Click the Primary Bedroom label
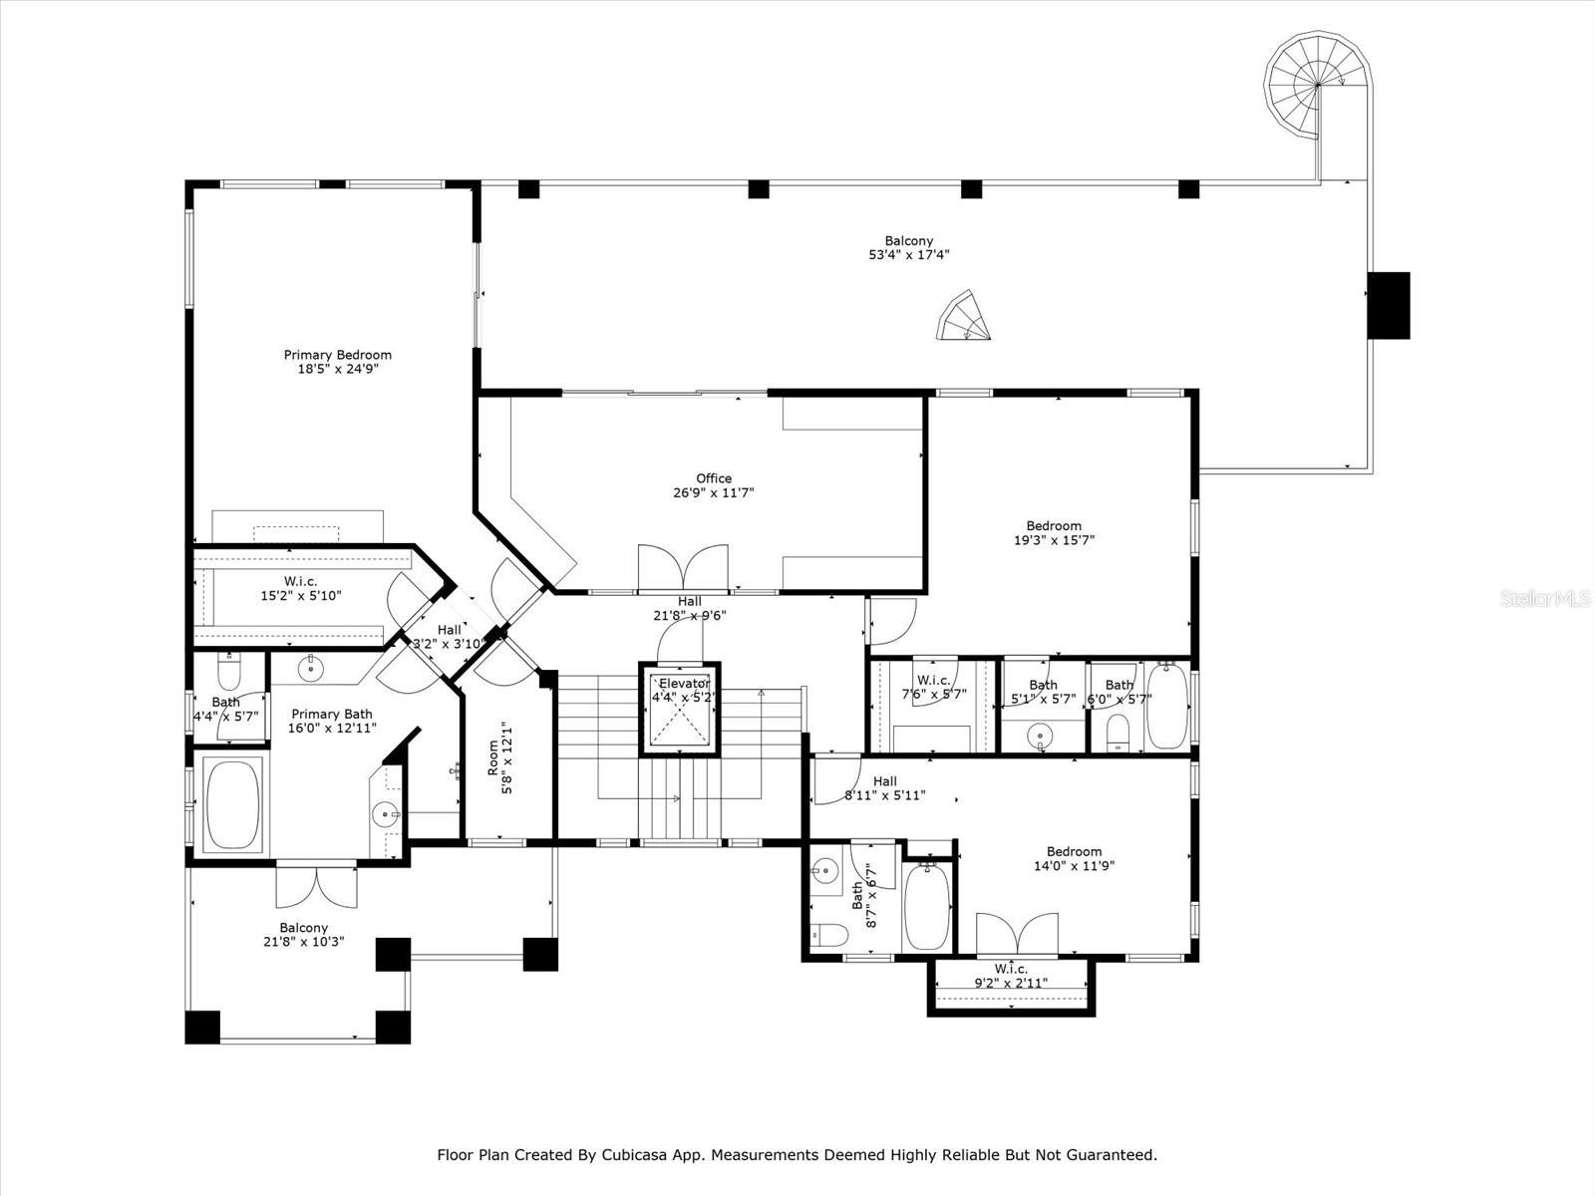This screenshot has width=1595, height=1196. click(x=337, y=361)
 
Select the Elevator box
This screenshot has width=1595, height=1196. click(x=683, y=709)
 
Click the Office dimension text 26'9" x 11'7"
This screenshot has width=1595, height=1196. click(x=713, y=492)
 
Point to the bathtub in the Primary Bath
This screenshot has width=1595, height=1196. click(x=232, y=805)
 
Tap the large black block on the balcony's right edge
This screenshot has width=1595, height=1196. click(x=1388, y=305)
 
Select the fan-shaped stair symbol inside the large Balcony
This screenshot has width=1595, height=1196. click(x=963, y=317)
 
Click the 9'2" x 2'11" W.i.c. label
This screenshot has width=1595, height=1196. click(x=1011, y=976)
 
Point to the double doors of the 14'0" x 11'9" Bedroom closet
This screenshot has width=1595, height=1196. click(x=1016, y=935)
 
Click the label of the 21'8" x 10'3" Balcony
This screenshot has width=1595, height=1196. click(x=304, y=934)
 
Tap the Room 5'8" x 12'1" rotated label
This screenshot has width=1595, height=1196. click(x=499, y=757)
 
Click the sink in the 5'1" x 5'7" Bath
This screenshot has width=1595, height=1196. click(x=1040, y=736)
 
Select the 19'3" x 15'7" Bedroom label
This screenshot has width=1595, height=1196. click(x=1054, y=533)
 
